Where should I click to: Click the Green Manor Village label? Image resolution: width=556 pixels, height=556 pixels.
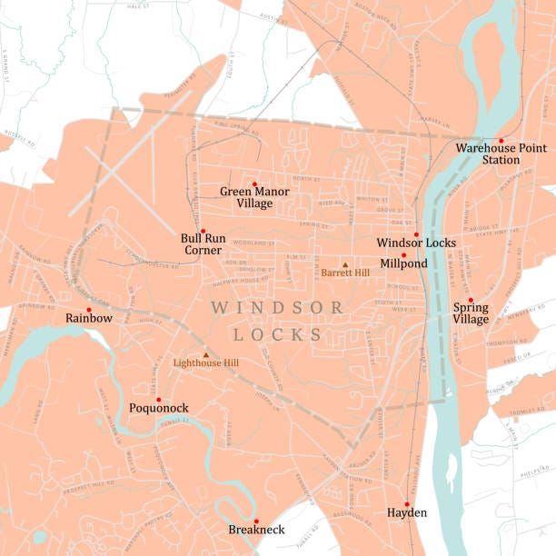[254, 197]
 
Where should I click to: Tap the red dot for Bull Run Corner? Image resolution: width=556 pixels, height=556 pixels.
[203, 231]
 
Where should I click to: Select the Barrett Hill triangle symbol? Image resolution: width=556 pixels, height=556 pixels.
[344, 264]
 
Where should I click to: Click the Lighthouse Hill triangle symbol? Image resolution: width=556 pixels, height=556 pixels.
[205, 355]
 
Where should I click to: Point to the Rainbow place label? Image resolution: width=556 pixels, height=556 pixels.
[89, 319]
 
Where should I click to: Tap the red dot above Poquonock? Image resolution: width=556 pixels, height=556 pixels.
[158, 399]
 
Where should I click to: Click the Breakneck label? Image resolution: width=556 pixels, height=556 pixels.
[256, 530]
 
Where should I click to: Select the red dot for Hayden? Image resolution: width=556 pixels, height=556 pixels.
[407, 503]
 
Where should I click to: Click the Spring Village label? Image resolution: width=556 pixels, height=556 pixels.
[471, 313]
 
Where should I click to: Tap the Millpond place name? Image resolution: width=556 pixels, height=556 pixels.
[403, 263]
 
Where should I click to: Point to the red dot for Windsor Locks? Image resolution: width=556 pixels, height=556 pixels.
[416, 234]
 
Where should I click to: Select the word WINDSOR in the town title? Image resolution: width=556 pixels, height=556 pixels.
[277, 308]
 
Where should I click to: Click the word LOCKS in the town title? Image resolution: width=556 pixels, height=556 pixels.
[278, 334]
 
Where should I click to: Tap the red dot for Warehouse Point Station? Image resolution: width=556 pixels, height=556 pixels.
[501, 140]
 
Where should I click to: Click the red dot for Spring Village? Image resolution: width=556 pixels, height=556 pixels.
[471, 300]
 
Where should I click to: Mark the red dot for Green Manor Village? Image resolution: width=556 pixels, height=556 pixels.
[254, 184]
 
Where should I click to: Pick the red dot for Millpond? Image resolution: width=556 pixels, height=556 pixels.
[403, 254]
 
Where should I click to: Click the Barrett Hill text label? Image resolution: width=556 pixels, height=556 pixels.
[344, 273]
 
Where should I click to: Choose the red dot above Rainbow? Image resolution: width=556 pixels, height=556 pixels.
[88, 310]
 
